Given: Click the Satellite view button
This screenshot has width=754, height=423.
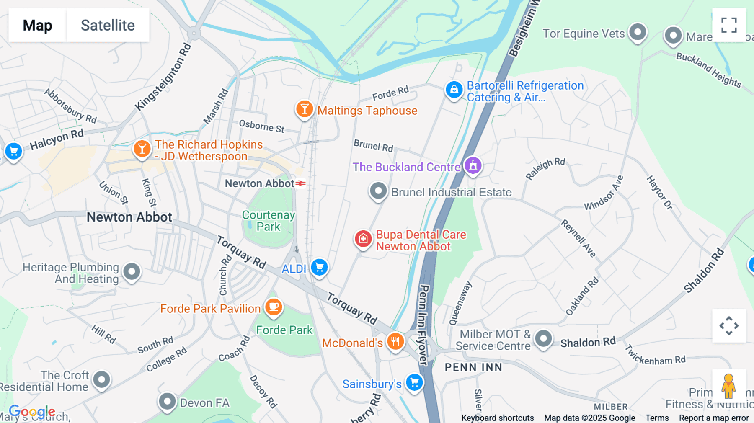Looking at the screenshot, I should [108, 25].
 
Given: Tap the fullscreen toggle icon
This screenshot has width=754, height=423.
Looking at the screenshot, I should [729, 25].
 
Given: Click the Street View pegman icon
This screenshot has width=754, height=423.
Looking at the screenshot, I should [728, 386].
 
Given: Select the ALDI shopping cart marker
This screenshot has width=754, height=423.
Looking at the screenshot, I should [320, 267].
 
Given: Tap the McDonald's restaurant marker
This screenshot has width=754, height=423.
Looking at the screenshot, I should [395, 341].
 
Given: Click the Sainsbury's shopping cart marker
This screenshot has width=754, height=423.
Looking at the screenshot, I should [414, 382].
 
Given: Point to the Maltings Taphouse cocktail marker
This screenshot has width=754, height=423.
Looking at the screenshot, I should [305, 109].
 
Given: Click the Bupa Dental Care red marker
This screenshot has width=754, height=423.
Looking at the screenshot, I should [363, 239].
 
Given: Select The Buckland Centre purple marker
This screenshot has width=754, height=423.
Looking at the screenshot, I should [473, 165].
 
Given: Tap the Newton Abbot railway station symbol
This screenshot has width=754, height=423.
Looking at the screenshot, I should [300, 183].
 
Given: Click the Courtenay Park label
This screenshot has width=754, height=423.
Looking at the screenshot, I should [269, 221].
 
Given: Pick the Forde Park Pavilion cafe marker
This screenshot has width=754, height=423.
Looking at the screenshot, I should [274, 307].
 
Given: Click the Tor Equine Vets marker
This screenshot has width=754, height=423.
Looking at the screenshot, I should [638, 32].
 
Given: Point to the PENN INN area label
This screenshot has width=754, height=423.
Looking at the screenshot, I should [473, 367].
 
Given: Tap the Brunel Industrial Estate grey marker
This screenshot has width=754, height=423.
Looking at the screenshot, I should [378, 191].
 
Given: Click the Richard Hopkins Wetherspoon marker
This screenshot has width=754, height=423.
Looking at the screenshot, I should [142, 149].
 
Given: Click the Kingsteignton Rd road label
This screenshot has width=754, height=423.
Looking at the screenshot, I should [163, 77].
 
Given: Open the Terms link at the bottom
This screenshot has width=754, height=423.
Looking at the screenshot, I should [657, 418].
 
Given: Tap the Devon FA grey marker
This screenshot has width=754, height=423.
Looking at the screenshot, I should [167, 402].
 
